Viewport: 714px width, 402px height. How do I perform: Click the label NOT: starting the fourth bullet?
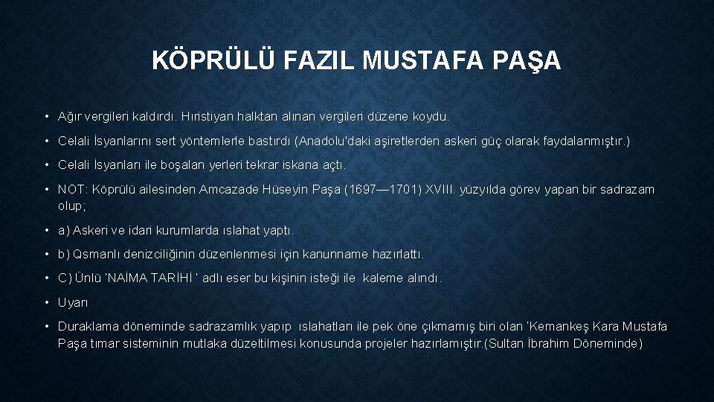click(72, 189)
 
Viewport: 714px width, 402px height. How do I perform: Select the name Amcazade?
click(226, 189)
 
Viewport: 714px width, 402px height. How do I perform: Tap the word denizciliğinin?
click(170, 254)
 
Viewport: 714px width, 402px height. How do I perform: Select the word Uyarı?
click(73, 302)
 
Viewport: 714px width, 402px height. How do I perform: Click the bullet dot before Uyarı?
click(47, 302)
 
